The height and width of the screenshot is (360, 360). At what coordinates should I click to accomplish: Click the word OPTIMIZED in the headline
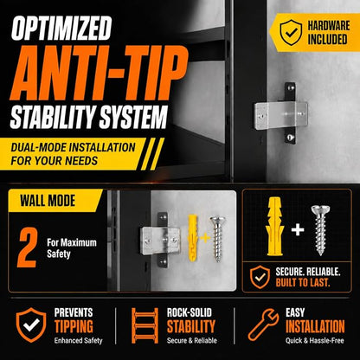pyautogui.click(x=61, y=28)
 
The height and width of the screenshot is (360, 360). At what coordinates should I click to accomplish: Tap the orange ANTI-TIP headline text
pyautogui.click(x=99, y=73)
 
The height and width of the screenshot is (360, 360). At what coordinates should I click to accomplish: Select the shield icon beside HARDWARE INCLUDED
pyautogui.click(x=291, y=32)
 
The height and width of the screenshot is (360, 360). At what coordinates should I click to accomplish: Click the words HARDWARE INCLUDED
pyautogui.click(x=328, y=32)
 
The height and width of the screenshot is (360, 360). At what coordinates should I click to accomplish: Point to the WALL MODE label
pyautogui.click(x=48, y=201)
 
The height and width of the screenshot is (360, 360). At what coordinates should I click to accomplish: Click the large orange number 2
pyautogui.click(x=27, y=247)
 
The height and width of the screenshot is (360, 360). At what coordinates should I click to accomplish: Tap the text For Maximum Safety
pyautogui.click(x=72, y=248)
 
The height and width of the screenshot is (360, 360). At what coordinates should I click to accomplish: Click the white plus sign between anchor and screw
pyautogui.click(x=298, y=230)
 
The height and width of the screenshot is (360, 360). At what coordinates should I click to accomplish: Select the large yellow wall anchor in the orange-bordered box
pyautogui.click(x=274, y=227)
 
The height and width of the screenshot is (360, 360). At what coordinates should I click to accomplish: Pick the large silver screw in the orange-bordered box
pyautogui.click(x=320, y=230)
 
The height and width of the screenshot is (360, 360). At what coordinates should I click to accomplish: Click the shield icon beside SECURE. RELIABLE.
pyautogui.click(x=260, y=277)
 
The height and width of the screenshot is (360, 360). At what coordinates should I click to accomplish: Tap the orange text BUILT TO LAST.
pyautogui.click(x=302, y=283)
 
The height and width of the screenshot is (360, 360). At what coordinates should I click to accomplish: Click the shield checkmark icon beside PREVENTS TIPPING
pyautogui.click(x=31, y=325)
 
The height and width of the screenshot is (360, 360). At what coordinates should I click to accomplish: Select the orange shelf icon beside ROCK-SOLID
pyautogui.click(x=145, y=325)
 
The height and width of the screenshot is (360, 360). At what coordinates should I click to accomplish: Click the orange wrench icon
pyautogui.click(x=263, y=325)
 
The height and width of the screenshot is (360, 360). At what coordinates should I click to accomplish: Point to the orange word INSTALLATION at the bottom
pyautogui.click(x=315, y=326)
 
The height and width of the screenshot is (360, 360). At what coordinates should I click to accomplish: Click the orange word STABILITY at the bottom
pyautogui.click(x=191, y=326)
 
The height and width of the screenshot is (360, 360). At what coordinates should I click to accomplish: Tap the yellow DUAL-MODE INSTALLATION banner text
pyautogui.click(x=73, y=154)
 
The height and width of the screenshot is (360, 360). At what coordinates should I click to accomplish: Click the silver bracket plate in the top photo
pyautogui.click(x=280, y=116)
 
